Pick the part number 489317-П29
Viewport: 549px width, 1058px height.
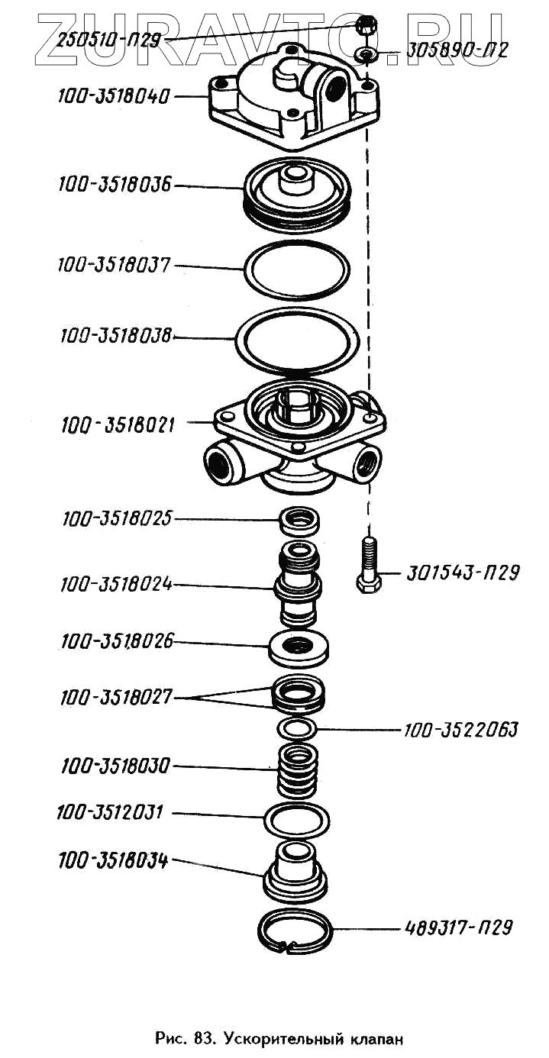[456, 928]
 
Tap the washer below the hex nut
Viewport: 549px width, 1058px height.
[366, 54]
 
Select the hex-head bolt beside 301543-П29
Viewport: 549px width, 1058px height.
[369, 566]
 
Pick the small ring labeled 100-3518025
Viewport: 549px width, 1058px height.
[299, 521]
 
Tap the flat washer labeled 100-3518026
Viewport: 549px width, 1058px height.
[299, 647]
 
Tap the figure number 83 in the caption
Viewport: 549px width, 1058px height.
[202, 1038]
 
